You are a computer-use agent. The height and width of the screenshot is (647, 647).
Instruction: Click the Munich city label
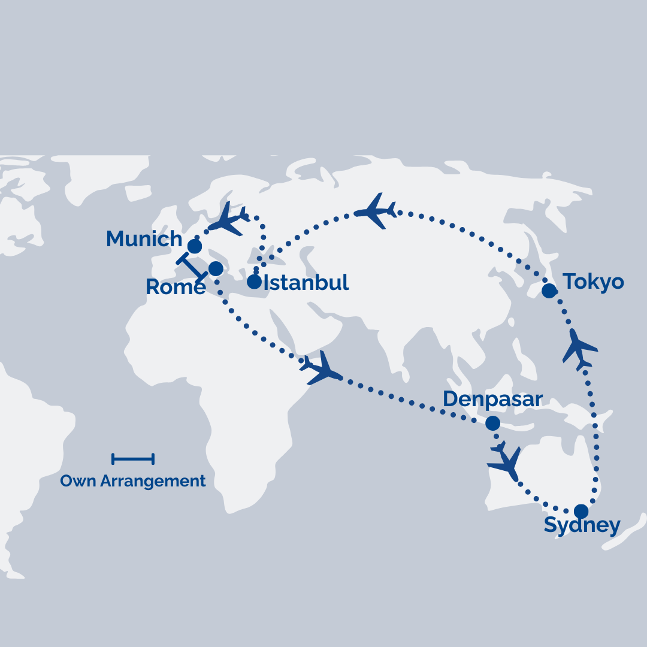(x=144, y=239)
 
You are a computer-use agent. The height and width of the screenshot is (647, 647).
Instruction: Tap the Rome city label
(x=175, y=287)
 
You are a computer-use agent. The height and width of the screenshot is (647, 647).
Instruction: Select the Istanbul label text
(x=306, y=282)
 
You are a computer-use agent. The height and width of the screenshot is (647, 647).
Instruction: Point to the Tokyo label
(x=593, y=282)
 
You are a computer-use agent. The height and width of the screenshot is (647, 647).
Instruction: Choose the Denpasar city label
(x=492, y=399)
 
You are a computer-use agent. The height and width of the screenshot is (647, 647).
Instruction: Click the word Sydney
(x=582, y=526)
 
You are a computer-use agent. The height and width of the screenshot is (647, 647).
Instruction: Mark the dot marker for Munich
(x=195, y=246)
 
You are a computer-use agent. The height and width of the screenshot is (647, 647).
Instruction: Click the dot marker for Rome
(x=216, y=268)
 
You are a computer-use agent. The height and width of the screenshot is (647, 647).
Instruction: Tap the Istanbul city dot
(x=255, y=282)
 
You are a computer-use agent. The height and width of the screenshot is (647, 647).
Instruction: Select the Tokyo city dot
(x=549, y=291)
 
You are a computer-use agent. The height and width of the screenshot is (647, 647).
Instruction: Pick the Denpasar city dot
(x=492, y=423)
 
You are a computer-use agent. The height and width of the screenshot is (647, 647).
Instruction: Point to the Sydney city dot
(x=581, y=511)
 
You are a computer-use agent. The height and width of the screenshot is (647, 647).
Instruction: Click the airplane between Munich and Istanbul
(x=228, y=219)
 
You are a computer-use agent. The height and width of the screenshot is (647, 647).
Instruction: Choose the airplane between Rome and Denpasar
(x=322, y=368)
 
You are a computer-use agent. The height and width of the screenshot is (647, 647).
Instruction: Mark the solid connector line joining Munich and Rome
(x=192, y=267)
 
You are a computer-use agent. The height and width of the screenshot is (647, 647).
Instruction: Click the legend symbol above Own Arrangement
(x=133, y=459)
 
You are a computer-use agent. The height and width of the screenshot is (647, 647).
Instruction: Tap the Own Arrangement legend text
(x=133, y=481)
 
